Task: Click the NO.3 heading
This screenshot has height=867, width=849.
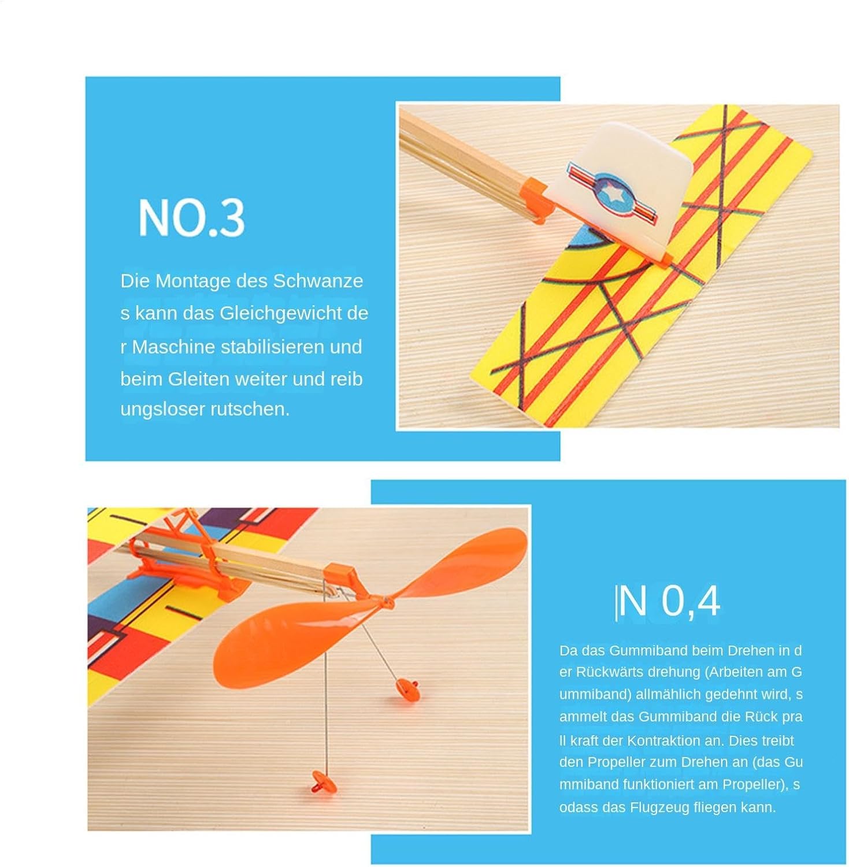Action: pyautogui.click(x=191, y=217)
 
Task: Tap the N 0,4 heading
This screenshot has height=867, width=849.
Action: pyautogui.click(x=668, y=601)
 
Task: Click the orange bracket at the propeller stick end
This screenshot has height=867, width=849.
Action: pyautogui.click(x=343, y=578)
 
